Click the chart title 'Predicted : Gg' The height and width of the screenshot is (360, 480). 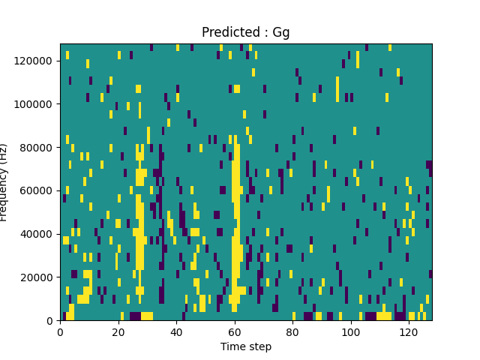pyautogui.click(x=245, y=32)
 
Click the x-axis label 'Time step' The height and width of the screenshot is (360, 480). pyautogui.click(x=245, y=346)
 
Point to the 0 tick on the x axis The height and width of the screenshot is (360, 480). pyautogui.click(x=60, y=331)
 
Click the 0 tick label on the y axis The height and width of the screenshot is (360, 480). pyautogui.click(x=50, y=320)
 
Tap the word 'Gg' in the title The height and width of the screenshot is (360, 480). pyautogui.click(x=281, y=33)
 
